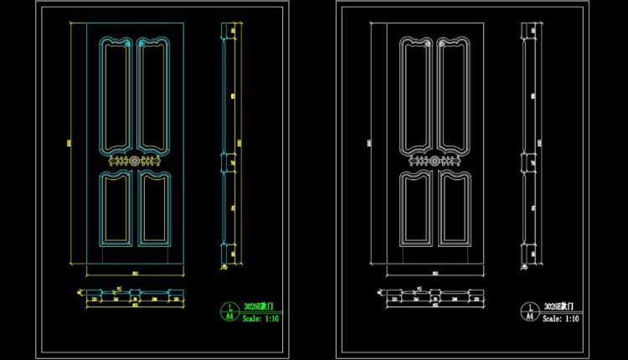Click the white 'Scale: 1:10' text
[561, 318]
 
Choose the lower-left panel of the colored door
[116, 208]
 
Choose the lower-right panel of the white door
[453, 208]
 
